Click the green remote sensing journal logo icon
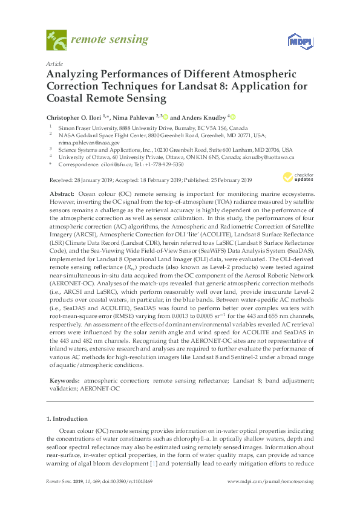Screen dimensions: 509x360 pyautogui.click(x=57, y=41)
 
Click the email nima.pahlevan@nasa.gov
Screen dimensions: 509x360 pyautogui.click(x=82, y=143)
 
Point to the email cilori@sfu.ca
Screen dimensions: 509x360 pyautogui.click(x=119, y=164)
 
